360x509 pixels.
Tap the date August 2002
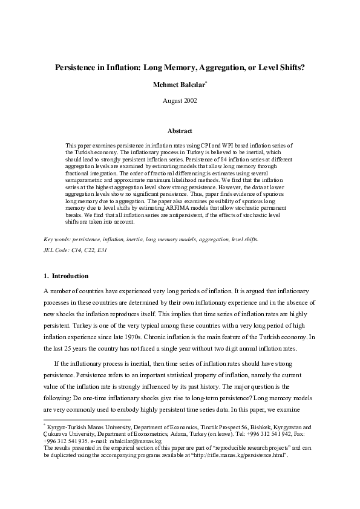point(180,100)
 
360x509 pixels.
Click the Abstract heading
point(180,131)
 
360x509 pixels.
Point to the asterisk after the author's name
point(206,82)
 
